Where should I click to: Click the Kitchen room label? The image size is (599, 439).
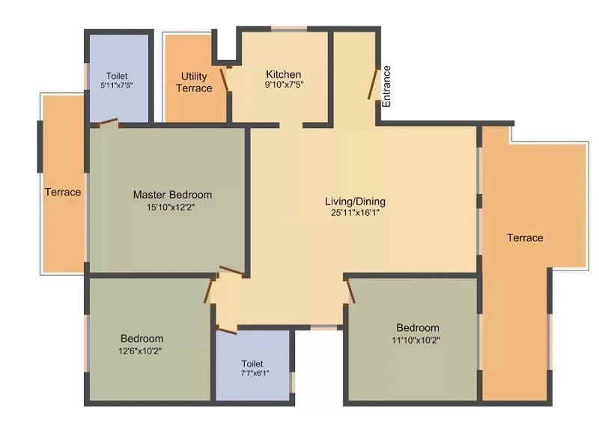pos(284,74)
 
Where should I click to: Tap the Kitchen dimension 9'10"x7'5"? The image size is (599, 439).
pos(285,85)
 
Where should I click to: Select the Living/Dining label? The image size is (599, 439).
pos(355,202)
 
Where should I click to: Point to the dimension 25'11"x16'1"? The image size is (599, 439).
pos(355,213)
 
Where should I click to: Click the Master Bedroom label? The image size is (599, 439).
pos(172,195)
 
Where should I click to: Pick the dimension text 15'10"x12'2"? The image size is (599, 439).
pos(171,208)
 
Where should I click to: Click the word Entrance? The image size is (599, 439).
pos(386,86)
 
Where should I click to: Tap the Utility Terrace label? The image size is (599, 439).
pos(194,82)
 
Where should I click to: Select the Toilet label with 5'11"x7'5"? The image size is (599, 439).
pos(117,76)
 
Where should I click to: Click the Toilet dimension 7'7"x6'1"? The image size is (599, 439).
pos(255,373)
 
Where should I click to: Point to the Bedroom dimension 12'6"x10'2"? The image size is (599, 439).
pos(140,351)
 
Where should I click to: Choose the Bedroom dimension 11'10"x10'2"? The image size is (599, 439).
pos(416,340)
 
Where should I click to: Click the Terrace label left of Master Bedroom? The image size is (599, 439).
pos(63,192)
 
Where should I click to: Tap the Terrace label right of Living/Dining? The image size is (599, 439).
pos(525,238)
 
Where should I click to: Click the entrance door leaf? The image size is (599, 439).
pos(373,84)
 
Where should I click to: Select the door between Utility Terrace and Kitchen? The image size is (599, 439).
pos(224,80)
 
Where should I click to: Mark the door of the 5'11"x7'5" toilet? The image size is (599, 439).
pos(109,121)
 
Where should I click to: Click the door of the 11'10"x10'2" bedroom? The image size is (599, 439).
pos(350,292)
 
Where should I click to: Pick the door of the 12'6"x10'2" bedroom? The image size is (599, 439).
pos(208,292)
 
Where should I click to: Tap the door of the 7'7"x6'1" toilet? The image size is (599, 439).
pos(227,330)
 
